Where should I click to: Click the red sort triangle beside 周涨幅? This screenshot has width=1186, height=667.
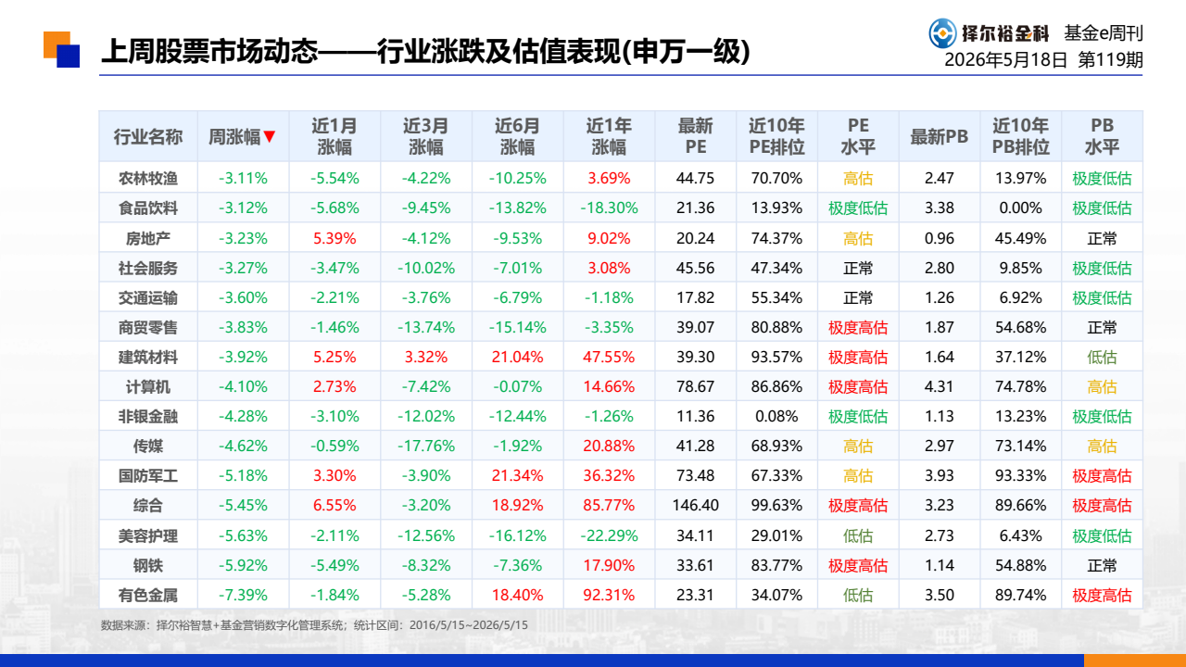point(269,136)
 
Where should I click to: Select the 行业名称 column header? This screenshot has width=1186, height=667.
point(147,136)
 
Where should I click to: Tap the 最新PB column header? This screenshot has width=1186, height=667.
point(939,136)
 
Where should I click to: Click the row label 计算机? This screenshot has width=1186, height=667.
point(147,387)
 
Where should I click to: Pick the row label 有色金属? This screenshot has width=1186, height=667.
point(147,596)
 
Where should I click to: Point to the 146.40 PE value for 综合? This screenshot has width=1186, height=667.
point(695,506)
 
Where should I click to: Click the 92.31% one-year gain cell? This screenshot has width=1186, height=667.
point(609,596)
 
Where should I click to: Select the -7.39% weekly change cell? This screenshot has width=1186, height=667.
point(243,596)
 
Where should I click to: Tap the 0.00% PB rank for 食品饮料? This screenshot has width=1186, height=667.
point(1020,208)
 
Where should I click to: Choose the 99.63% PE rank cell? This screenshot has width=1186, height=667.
point(776,506)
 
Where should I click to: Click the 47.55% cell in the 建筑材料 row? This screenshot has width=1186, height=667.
point(609,358)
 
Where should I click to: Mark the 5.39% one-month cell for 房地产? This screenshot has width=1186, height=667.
point(334,239)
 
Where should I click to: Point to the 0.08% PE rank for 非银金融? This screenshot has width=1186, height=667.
point(776,417)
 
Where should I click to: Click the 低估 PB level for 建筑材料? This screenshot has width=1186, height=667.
point(1102,358)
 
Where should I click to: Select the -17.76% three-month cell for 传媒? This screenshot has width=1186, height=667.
point(425,447)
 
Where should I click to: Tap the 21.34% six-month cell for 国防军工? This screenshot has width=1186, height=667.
point(517,476)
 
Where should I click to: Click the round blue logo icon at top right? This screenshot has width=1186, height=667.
point(943,33)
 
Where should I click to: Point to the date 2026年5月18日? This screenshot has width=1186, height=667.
point(1005,60)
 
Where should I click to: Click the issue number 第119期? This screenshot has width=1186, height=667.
point(1110,60)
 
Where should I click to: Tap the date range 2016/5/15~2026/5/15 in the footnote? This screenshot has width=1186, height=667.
point(469,625)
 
